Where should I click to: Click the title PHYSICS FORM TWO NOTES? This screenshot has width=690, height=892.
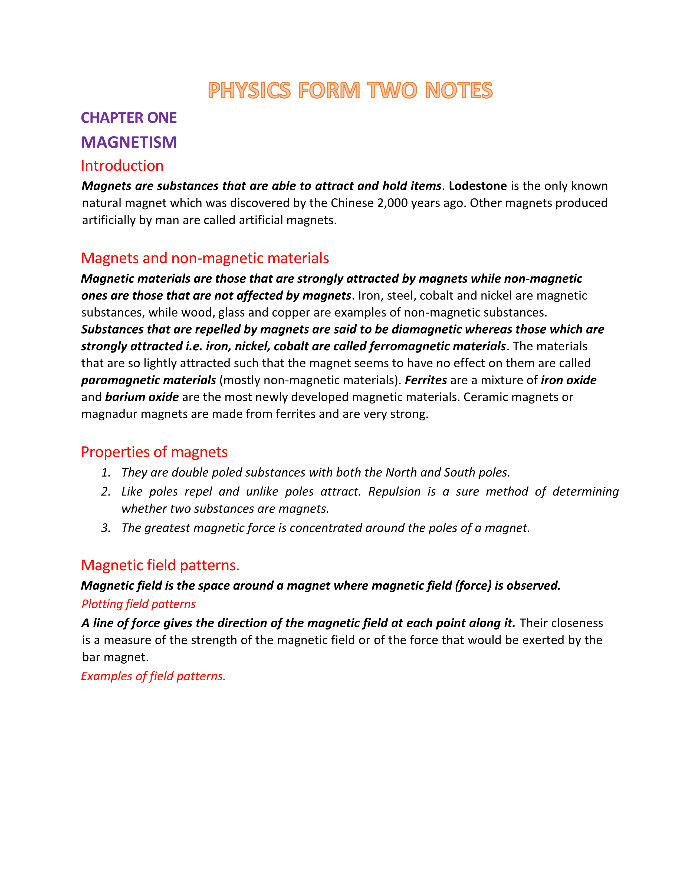(350, 90)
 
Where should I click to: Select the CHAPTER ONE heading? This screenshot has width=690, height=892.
(129, 118)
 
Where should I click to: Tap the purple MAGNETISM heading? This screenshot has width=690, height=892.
(129, 142)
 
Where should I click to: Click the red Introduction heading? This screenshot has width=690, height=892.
(122, 165)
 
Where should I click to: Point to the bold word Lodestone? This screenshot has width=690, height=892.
(477, 186)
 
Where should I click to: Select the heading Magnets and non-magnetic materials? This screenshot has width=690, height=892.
(205, 258)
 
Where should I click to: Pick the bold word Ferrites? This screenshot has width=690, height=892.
(426, 380)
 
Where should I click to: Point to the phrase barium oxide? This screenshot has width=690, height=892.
(142, 397)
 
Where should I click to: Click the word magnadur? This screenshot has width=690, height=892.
(109, 414)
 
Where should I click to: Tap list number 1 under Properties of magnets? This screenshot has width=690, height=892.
(106, 472)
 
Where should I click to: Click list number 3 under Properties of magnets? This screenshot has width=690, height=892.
(106, 528)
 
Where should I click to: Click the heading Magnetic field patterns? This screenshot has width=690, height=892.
(160, 565)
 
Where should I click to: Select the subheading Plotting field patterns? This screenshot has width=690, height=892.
(139, 604)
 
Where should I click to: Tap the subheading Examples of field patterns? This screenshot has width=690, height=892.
(153, 676)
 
